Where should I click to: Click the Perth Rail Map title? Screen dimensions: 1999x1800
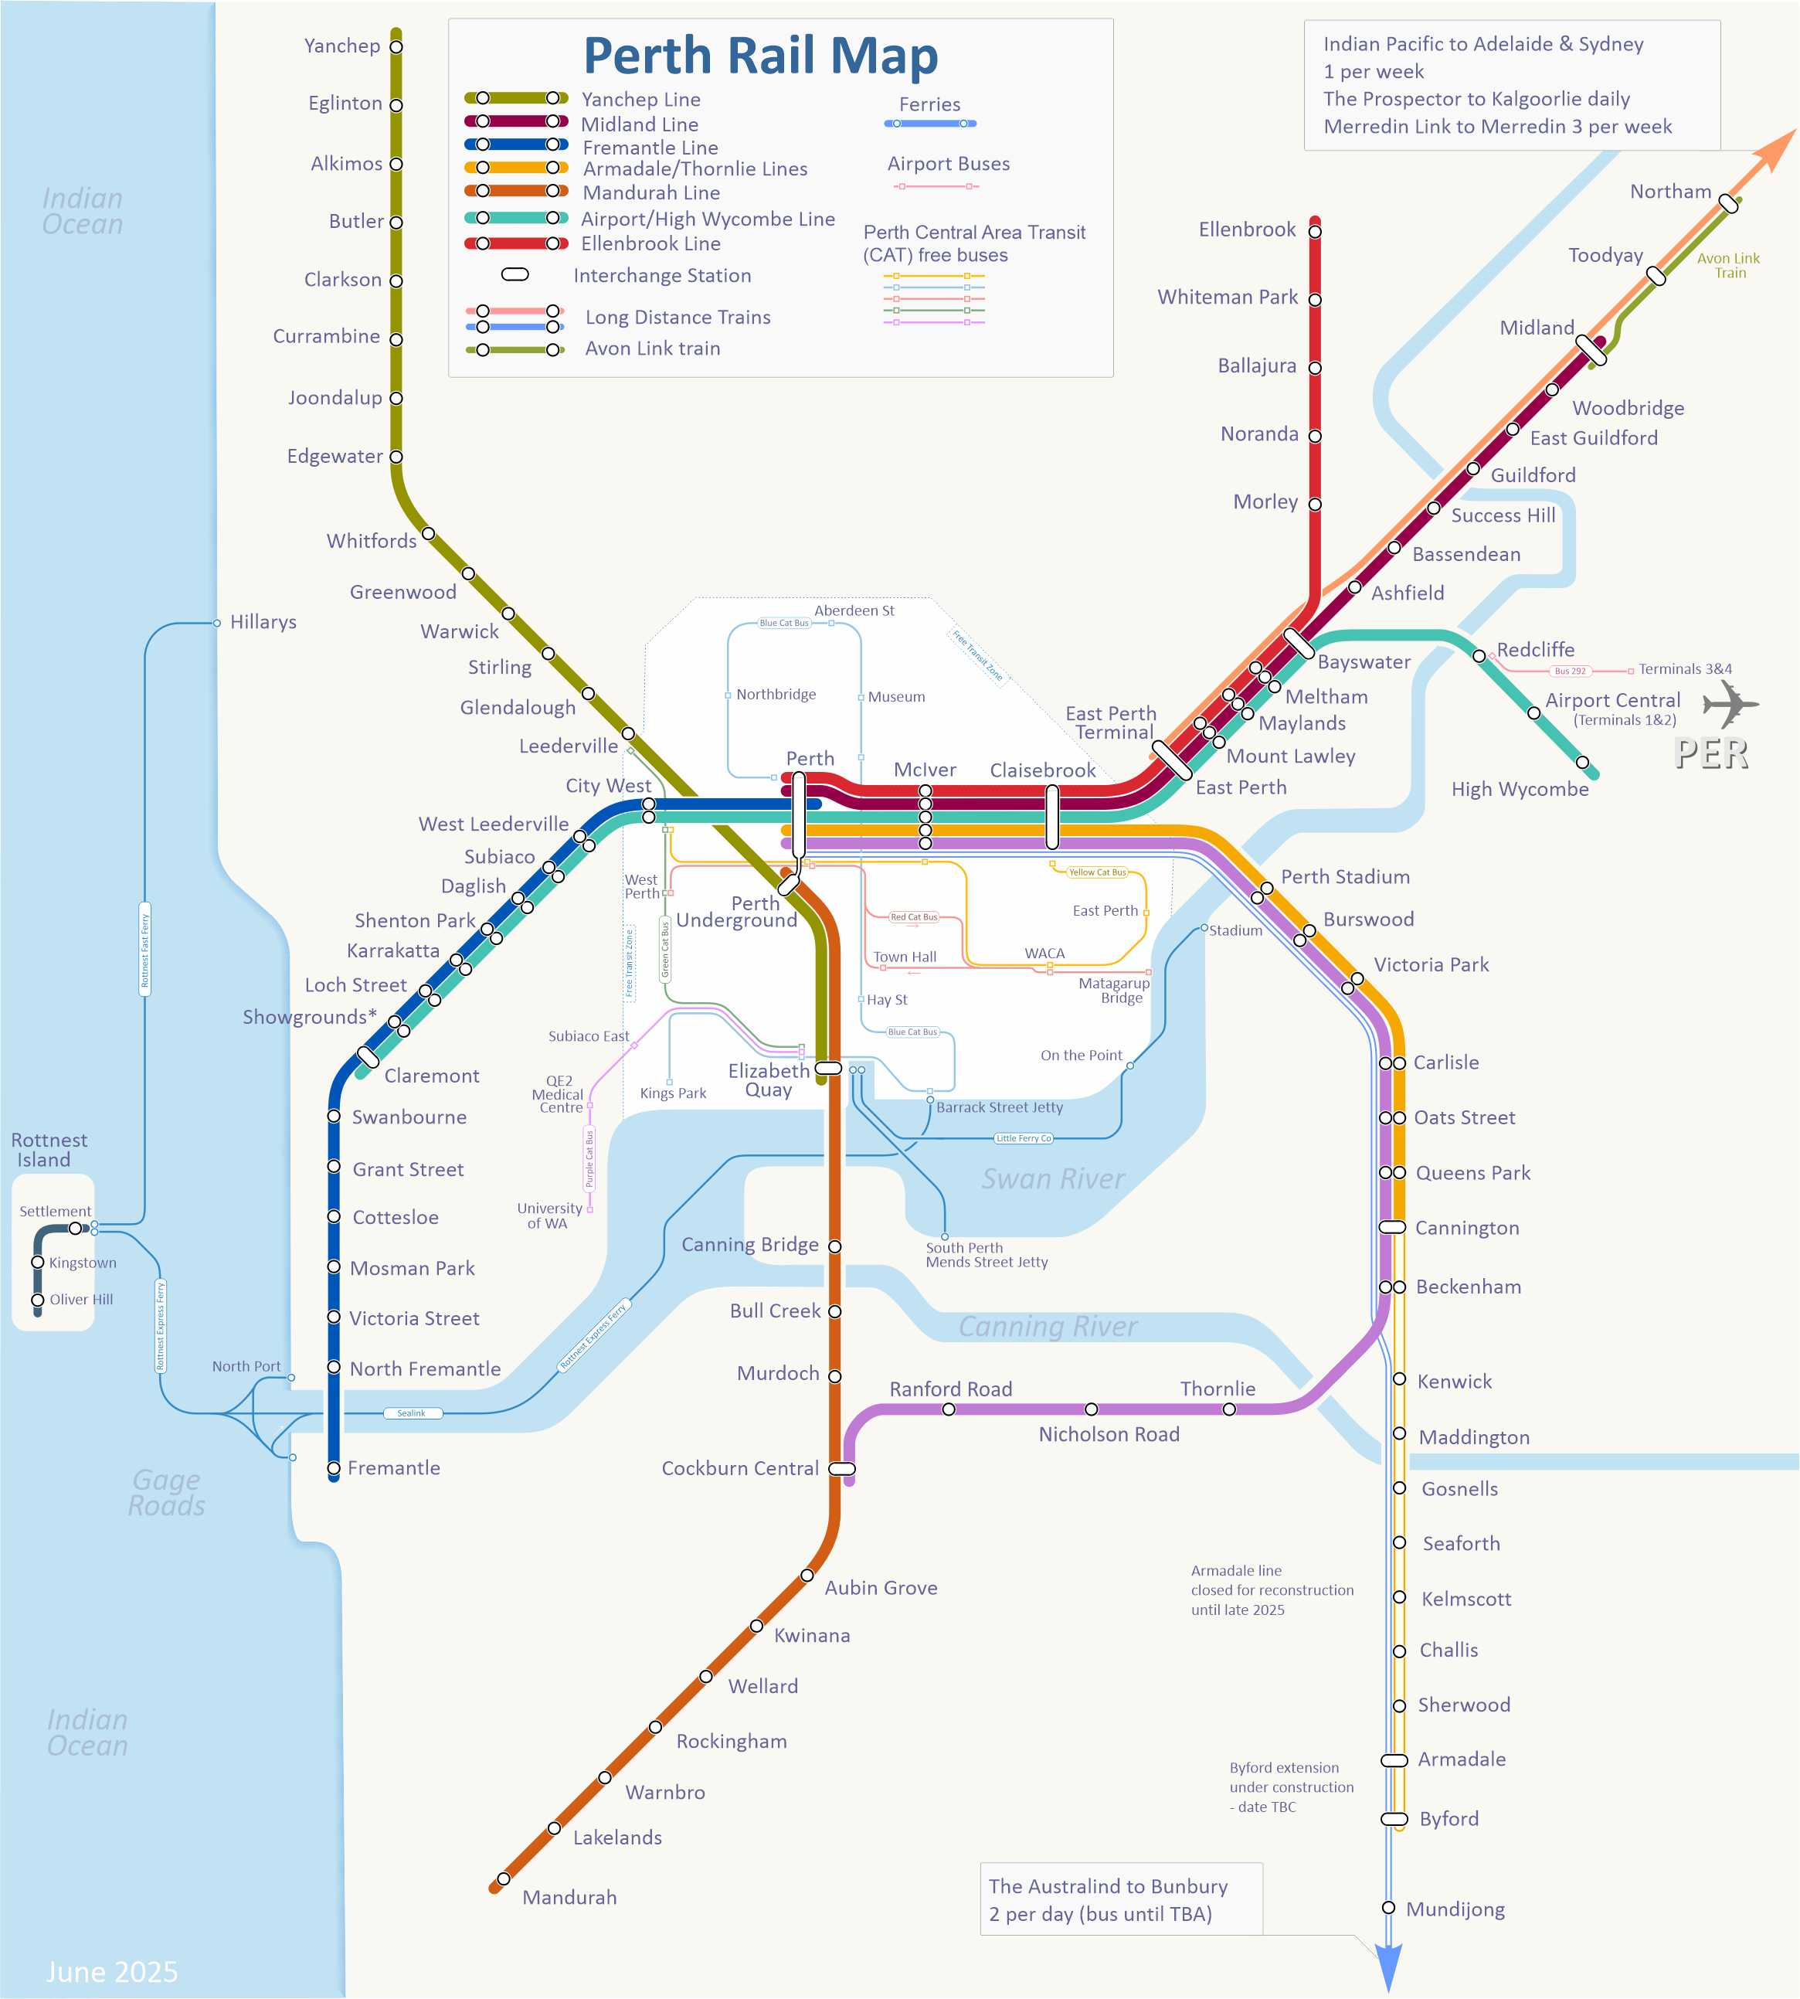tap(759, 56)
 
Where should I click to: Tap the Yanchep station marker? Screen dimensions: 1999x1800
tap(396, 46)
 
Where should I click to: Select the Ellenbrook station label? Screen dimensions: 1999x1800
tap(1246, 229)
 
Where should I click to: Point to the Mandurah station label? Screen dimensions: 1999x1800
tap(569, 1897)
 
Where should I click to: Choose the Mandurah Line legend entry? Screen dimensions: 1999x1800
tap(650, 193)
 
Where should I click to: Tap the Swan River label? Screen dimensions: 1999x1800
tap(1052, 1179)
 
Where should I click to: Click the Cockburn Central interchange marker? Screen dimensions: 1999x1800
tap(841, 1469)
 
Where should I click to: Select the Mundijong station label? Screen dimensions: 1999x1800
tap(1455, 1909)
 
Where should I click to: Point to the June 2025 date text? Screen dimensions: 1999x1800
tap(112, 1971)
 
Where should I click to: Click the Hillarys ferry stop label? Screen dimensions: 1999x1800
tap(263, 622)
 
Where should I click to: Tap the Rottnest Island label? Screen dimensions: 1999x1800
tap(49, 1151)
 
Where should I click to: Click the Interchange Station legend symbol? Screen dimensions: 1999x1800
tap(515, 275)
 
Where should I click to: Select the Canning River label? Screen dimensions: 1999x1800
tap(1048, 1327)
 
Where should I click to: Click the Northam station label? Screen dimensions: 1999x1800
tap(1669, 192)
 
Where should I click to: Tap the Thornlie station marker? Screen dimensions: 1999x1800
tap(1229, 1409)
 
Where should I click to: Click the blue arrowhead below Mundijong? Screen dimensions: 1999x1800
tap(1388, 1968)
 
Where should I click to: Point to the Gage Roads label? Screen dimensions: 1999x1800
tap(166, 1493)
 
